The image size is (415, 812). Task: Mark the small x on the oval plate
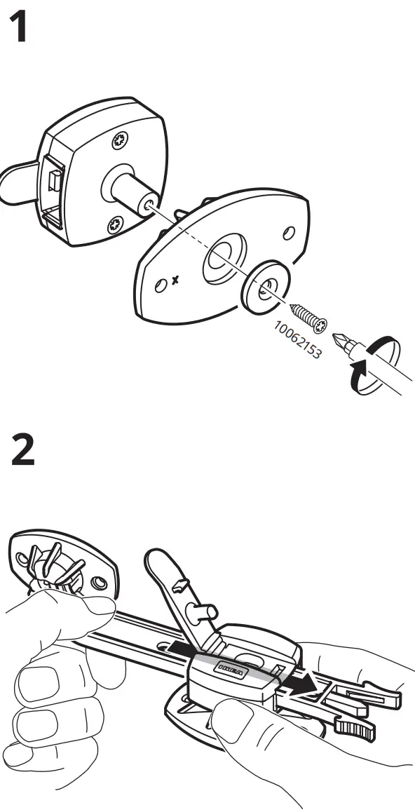[x=175, y=280]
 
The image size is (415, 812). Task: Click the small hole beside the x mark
[x=161, y=284]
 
